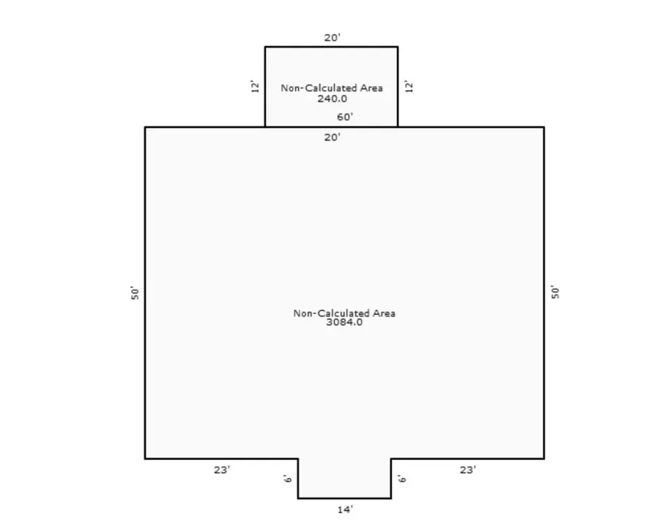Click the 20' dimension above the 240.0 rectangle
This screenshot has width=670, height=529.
(332, 38)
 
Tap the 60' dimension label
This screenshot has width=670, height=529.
(345, 117)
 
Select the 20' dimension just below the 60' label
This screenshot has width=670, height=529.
(332, 137)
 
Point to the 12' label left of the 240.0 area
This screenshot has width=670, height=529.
(255, 86)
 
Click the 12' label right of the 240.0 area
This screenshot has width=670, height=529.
(409, 86)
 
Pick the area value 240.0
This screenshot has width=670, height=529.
(332, 98)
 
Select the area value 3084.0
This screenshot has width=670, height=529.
(344, 322)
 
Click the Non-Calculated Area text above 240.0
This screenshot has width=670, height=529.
(332, 88)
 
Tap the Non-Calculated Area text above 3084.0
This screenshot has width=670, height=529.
(344, 313)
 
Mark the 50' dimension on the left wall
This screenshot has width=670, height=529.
(135, 293)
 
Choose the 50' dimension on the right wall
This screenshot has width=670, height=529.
(555, 292)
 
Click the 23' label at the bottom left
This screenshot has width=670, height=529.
(222, 470)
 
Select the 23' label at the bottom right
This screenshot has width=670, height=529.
(468, 470)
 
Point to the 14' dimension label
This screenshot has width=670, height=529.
(345, 509)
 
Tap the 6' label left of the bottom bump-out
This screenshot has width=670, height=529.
(288, 479)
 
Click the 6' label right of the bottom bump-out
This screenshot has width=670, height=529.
(402, 479)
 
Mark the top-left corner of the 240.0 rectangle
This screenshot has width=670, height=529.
(265, 47)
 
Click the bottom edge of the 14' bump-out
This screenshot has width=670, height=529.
(344, 498)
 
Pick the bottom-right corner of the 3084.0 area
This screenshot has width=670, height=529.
(544, 459)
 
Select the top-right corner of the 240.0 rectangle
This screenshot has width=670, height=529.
(398, 47)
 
